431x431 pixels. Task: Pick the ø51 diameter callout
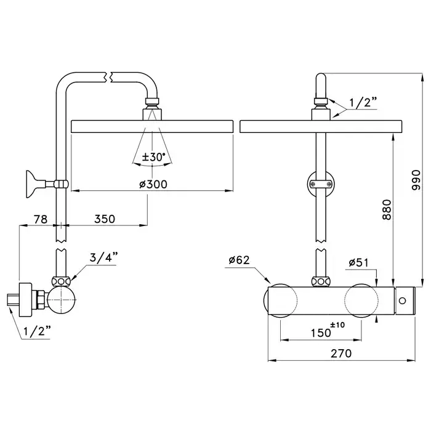[358, 262]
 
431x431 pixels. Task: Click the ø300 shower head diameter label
[153, 184]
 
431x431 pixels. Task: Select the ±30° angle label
[152, 157]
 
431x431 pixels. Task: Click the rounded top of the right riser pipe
[320, 80]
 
